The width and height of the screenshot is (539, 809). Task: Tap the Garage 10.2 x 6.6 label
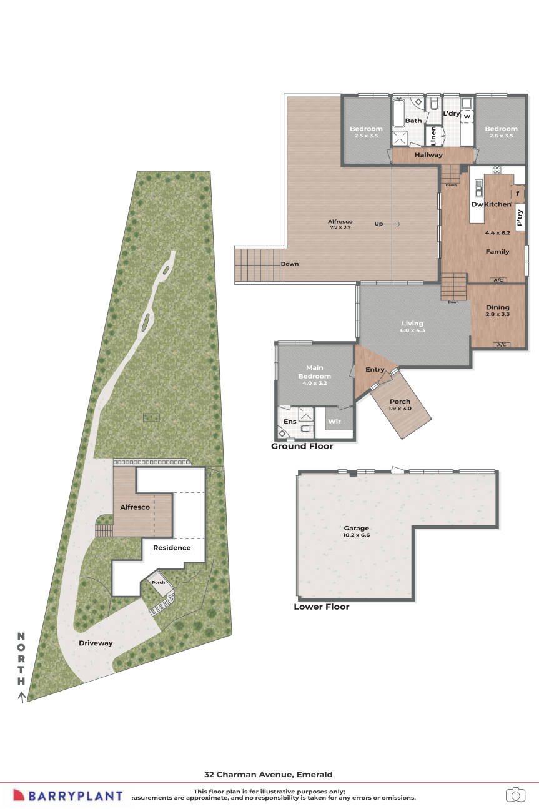[356, 532]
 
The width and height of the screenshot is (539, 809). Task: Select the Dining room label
[498, 310]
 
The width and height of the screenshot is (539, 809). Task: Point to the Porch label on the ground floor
[400, 405]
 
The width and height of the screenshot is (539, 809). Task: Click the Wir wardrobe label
[335, 422]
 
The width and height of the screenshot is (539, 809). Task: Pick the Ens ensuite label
[290, 422]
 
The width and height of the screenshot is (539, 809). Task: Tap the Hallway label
[428, 155]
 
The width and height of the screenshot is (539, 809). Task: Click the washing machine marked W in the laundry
[467, 116]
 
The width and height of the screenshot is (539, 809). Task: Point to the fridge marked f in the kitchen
[518, 194]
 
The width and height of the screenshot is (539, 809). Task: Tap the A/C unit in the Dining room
[500, 345]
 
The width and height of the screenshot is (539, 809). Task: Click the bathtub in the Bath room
[398, 112]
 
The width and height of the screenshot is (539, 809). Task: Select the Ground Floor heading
[302, 446]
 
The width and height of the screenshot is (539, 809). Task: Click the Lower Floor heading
[321, 607]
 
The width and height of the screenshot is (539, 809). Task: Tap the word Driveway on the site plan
[96, 643]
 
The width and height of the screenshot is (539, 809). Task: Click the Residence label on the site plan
[172, 548]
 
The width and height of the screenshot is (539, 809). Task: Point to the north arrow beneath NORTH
[22, 696]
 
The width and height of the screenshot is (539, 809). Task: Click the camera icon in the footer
[515, 794]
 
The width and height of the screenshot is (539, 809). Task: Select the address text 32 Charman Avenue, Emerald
[269, 773]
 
